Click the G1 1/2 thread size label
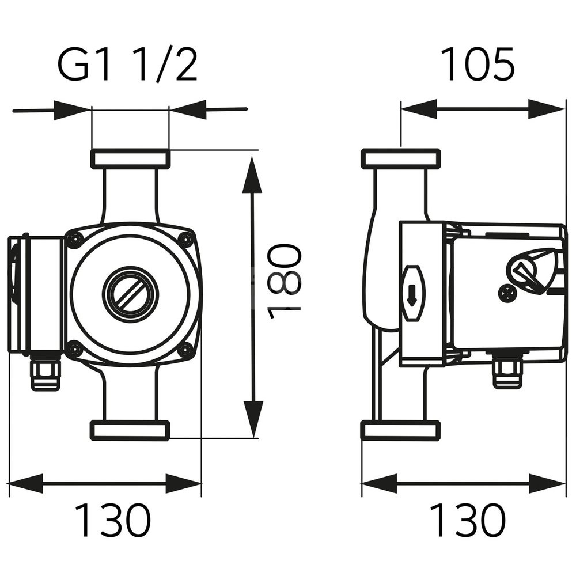pyautogui.click(x=127, y=65)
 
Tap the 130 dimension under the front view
pyautogui.click(x=113, y=520)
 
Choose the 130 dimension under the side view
pyautogui.click(x=468, y=520)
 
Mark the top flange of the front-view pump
pyautogui.click(x=130, y=159)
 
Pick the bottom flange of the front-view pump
pyautogui.click(x=130, y=430)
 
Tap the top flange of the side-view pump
pyautogui.click(x=401, y=159)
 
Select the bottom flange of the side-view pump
pyautogui.click(x=401, y=430)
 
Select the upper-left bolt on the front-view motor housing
pyautogui.click(x=74, y=240)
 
